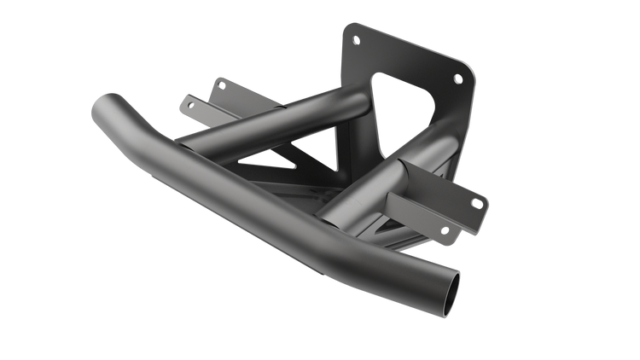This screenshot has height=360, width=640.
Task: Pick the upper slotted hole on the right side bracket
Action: click(x=476, y=201)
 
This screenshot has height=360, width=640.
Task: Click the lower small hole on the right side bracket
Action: click(x=444, y=229)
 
